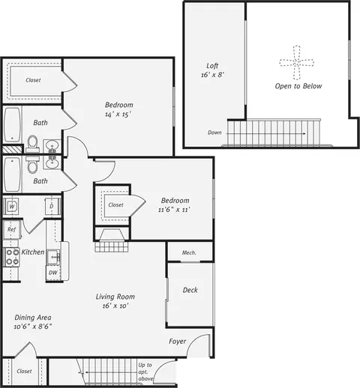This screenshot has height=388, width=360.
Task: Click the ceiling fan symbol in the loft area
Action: (297, 62)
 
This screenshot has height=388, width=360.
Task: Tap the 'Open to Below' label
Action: (298, 86)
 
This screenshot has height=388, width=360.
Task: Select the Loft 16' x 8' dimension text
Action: (212, 75)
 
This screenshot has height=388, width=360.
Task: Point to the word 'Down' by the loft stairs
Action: (214, 133)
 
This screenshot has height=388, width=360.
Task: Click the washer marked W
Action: (10, 206)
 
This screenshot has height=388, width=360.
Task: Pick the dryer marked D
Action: (52, 206)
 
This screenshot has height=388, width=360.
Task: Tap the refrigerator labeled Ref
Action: (11, 229)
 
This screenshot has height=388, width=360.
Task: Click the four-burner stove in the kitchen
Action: (12, 257)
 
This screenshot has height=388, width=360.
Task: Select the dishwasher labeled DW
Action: (53, 273)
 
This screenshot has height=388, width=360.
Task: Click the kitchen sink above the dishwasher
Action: (53, 257)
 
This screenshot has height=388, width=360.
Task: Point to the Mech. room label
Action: (189, 252)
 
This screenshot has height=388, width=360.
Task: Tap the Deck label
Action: (190, 290)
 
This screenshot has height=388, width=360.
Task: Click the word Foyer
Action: (178, 342)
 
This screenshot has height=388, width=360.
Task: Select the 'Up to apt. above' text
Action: (145, 372)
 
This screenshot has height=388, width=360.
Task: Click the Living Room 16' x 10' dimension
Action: (115, 306)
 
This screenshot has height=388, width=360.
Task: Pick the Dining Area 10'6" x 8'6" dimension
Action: (33, 327)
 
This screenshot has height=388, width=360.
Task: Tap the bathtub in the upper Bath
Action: (12, 125)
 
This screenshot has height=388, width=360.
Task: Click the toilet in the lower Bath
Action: (32, 165)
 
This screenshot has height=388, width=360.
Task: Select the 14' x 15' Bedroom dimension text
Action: (118, 115)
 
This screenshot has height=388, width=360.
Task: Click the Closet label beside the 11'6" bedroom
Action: (115, 205)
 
